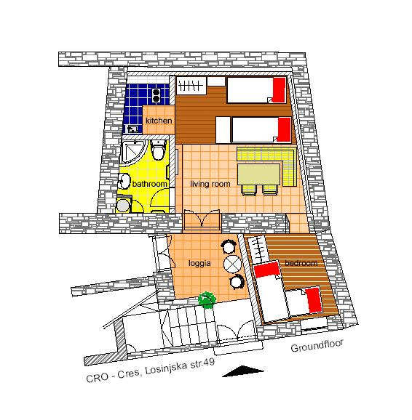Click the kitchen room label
(x=159, y=121)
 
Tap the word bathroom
(x=150, y=184)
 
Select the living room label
(x=210, y=184)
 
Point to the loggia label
(x=199, y=264)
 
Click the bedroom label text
(x=301, y=263)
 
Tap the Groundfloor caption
(x=317, y=346)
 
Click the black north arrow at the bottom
(x=243, y=371)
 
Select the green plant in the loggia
(x=207, y=299)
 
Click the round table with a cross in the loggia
(x=232, y=264)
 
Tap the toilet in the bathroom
(x=158, y=150)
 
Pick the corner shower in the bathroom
(x=132, y=151)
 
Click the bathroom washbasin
(x=123, y=182)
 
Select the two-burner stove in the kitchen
(x=157, y=95)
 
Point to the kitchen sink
(x=132, y=129)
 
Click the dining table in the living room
(x=258, y=174)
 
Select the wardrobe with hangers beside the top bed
(x=191, y=86)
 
